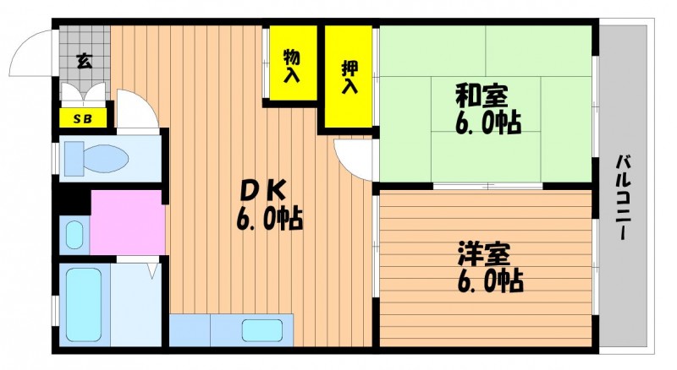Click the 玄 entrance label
coord(84,61)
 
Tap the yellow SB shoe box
coord(83,118)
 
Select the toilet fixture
coord(96,158)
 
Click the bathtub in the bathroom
coord(84,304)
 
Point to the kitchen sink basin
coord(262,331)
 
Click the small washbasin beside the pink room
coord(74,235)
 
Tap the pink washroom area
coord(129,222)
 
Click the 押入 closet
coord(349,76)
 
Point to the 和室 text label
coord(482,95)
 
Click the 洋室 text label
coord(484,254)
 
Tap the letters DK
coord(263,190)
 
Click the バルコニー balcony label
coord(623,198)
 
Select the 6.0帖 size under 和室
coord(488,122)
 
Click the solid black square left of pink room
coord(74,202)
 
